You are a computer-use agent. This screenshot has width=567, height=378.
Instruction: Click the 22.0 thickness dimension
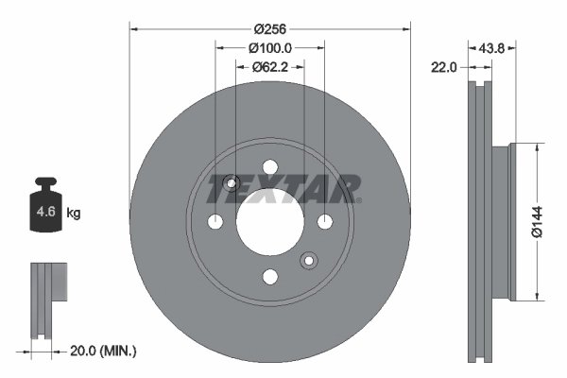pyautogui.click(x=444, y=67)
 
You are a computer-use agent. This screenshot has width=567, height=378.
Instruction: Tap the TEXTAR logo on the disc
pyautogui.click(x=283, y=188)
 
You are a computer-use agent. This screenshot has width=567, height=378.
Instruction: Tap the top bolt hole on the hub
pyautogui.click(x=270, y=167)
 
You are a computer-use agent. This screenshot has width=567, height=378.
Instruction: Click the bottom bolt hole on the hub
pyautogui.click(x=270, y=276)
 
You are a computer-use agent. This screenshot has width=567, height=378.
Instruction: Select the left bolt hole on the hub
pyautogui.click(x=215, y=221)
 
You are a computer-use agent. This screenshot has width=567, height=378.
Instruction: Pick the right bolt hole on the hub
pyautogui.click(x=325, y=221)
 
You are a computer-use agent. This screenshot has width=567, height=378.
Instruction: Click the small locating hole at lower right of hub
pyautogui.click(x=307, y=261)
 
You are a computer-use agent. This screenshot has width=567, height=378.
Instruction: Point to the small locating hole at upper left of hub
pyautogui.click(x=233, y=182)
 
